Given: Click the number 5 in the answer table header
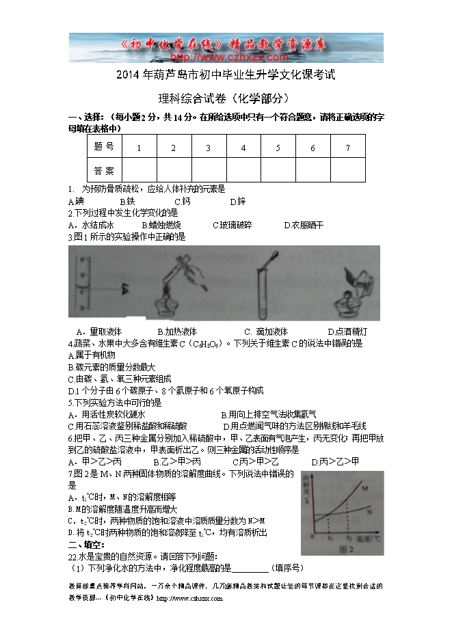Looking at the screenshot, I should coord(278,148).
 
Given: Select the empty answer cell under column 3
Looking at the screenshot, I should coord(208,169).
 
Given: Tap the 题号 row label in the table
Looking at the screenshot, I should coord(104,147).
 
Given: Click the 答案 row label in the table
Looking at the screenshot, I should coord(104,169).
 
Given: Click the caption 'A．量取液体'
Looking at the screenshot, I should coord(99,331).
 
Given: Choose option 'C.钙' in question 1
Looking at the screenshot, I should coord(182,202).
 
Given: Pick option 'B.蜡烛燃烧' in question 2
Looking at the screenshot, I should coord(161,225).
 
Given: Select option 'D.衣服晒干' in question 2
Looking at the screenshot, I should coord(304,225).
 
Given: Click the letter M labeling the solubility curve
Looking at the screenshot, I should coord(366,489).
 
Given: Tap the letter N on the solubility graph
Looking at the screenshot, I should coord(369,510).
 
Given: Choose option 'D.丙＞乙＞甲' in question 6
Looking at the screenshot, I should coord(335,461).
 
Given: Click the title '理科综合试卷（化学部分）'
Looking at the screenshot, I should coord(226,98).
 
